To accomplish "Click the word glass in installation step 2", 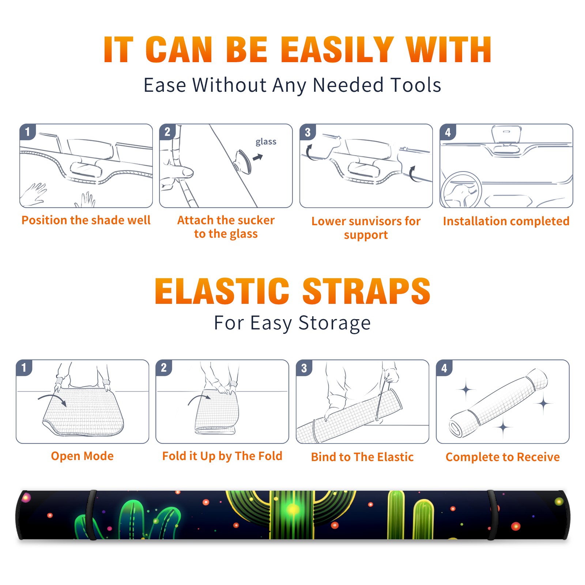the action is pos(266,142).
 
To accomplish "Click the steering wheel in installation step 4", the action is pos(460,190).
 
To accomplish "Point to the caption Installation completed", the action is pos(506,221).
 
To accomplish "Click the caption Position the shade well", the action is pos(86,220).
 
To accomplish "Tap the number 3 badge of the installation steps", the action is pos(307,132).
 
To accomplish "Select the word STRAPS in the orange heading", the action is pos(366,291).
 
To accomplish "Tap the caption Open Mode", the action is pos(82,456).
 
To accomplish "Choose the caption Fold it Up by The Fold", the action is pos(222,456).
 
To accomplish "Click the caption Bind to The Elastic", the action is pos(362,457).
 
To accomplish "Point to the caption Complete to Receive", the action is pos(503,457).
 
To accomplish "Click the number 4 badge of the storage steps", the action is pos(444,368).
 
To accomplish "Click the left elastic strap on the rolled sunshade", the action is pos(91,515).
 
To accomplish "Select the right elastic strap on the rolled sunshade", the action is pos(492,515).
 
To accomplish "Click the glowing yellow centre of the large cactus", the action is pos(292,509).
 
